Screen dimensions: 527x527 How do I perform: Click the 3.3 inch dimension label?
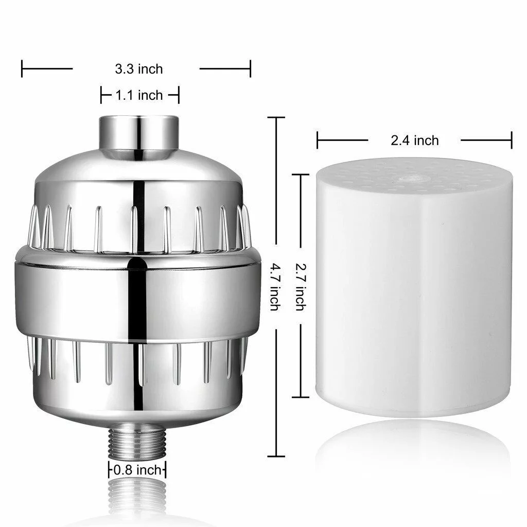click(x=137, y=68)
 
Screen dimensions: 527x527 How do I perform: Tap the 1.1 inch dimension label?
click(x=139, y=95)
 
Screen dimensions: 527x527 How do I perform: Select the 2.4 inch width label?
click(x=414, y=140)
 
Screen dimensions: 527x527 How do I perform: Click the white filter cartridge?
click(x=414, y=293)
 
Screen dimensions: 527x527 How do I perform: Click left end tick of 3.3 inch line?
click(x=22, y=68)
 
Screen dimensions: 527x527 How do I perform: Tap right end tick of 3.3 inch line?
click(x=250, y=68)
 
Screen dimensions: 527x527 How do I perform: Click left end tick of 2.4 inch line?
click(x=318, y=140)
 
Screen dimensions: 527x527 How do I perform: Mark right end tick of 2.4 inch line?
click(x=512, y=140)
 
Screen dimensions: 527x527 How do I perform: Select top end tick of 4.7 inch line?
click(x=276, y=118)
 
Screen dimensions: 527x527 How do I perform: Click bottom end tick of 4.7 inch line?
click(x=276, y=456)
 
